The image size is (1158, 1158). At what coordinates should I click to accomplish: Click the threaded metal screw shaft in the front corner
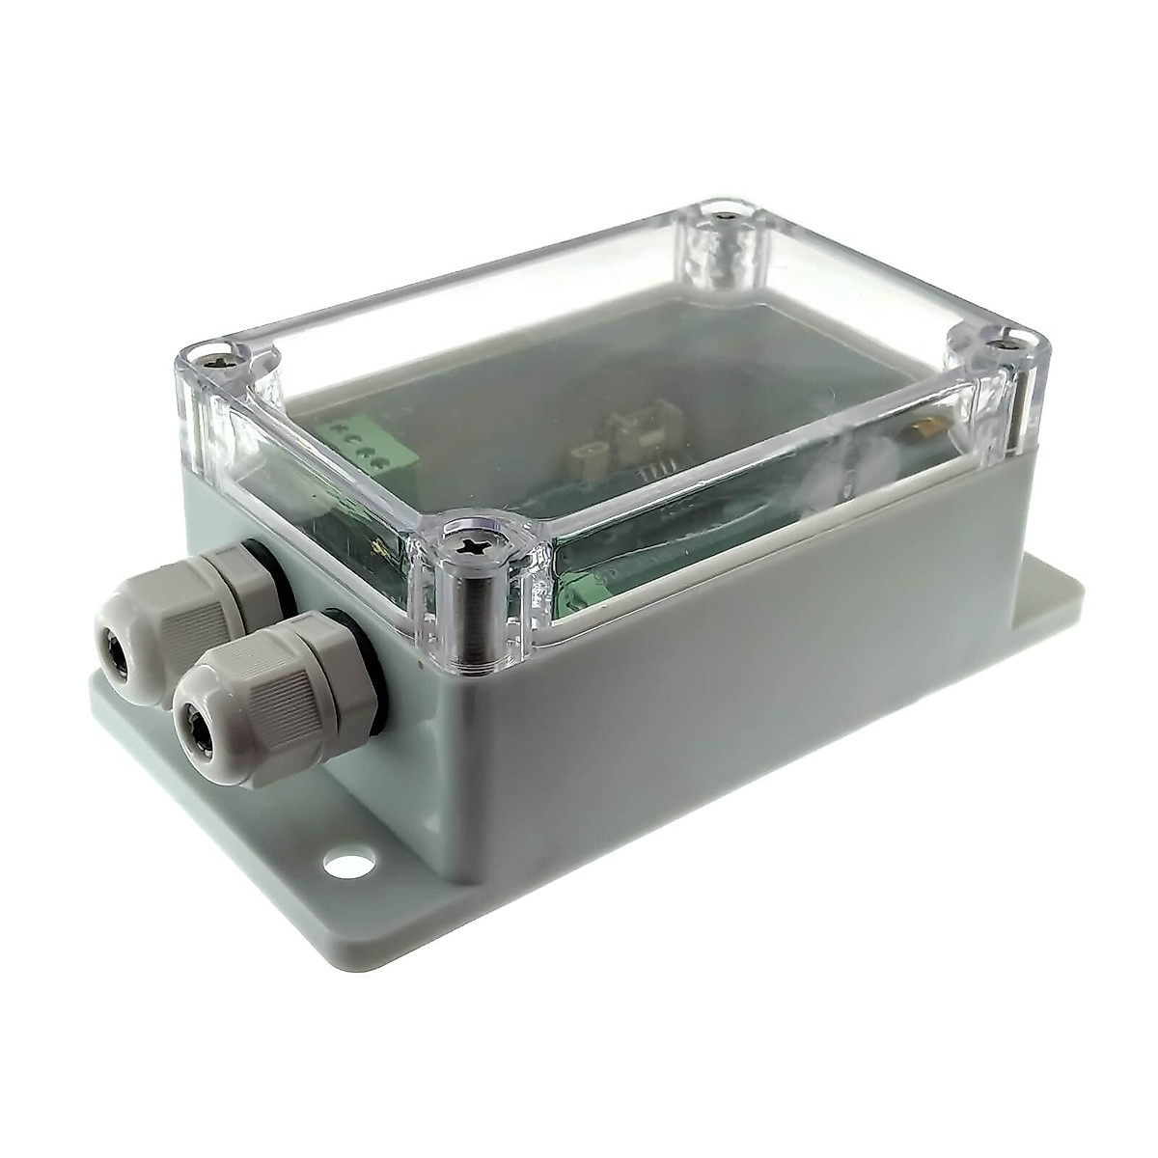pos(477,618)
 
